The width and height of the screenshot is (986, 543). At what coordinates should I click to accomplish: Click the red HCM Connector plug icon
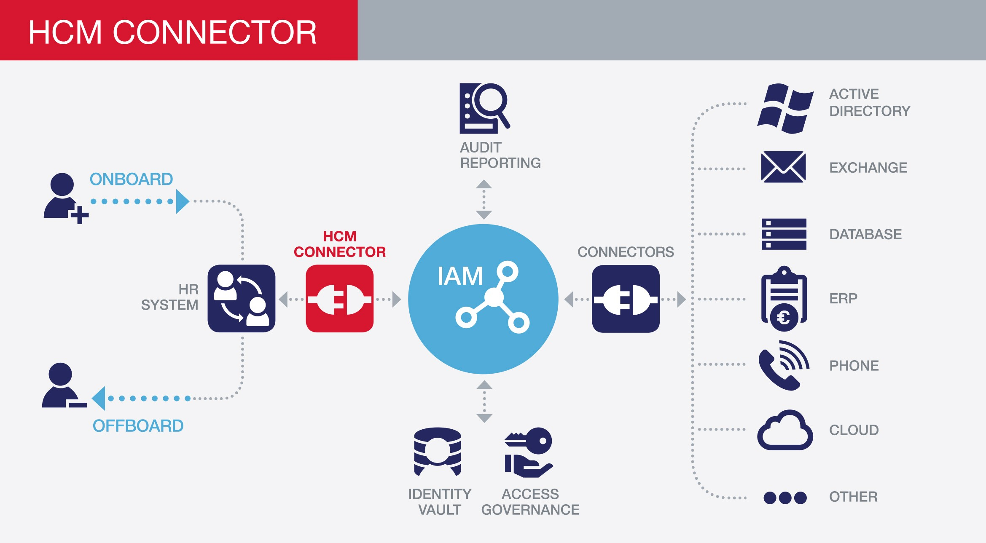tap(339, 299)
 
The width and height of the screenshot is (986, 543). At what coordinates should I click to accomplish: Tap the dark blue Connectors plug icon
tap(626, 299)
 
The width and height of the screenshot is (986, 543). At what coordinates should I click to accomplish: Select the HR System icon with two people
tap(241, 298)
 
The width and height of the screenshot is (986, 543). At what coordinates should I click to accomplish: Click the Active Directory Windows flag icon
tap(785, 109)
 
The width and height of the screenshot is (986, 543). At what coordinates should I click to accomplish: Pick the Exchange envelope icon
tap(783, 167)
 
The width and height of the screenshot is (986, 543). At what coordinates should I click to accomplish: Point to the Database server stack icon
tap(784, 234)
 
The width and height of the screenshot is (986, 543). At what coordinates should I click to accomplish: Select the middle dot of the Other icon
tap(785, 498)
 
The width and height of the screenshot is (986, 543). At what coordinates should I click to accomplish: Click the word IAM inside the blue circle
tap(460, 276)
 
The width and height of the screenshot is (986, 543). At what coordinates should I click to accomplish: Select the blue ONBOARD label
tap(131, 179)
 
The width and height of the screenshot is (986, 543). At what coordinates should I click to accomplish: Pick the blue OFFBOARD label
tap(138, 426)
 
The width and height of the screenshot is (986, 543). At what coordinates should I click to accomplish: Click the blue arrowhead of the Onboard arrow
tap(182, 201)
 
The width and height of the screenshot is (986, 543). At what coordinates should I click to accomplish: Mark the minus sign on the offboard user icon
tap(78, 405)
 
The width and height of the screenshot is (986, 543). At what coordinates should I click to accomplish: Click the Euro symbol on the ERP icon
tap(784, 318)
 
